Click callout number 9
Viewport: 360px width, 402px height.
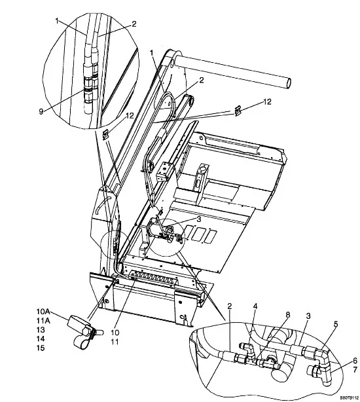[41, 112]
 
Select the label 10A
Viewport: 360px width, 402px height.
[43, 312]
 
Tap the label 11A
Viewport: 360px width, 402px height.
[43, 321]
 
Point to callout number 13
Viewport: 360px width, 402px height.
[41, 330]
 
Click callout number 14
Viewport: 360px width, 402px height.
[41, 339]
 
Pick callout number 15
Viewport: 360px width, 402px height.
[41, 348]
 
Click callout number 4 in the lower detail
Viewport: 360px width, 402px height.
[255, 306]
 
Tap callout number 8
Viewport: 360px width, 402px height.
[288, 315]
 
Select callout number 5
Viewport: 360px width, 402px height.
[336, 324]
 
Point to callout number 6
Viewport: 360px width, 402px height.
[355, 361]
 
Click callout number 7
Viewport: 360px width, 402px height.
[355, 370]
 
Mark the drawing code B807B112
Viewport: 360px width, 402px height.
[349, 397]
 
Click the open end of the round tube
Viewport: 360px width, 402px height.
[289, 83]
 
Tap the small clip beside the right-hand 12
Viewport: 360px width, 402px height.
[238, 111]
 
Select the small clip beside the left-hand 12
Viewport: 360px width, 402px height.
[105, 135]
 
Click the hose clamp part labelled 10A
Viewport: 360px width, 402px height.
[84, 331]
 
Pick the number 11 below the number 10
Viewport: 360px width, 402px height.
[115, 342]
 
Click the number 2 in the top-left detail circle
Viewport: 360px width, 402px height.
[134, 24]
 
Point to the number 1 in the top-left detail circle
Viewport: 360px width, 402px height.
[57, 21]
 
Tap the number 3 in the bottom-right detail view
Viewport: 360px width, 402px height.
[308, 316]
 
